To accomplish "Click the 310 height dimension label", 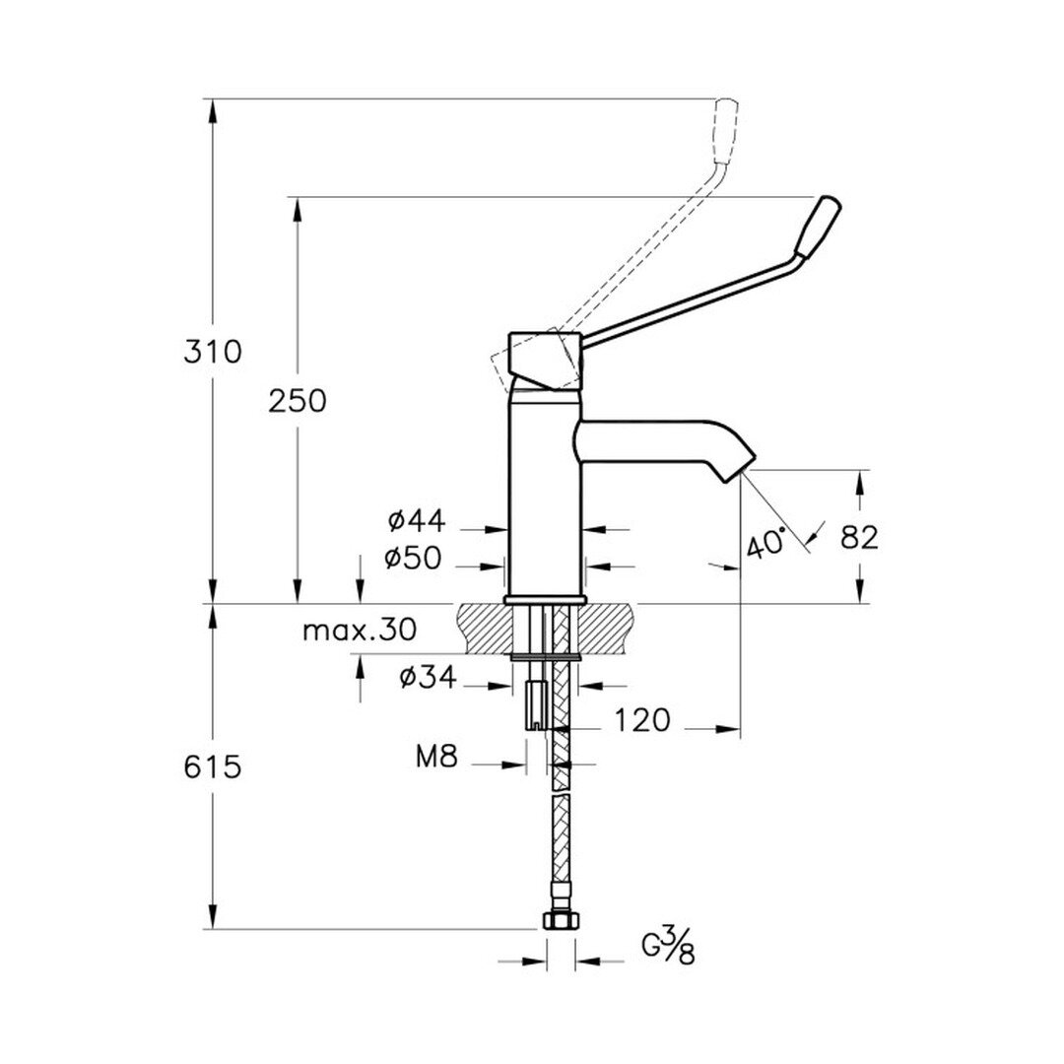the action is tap(213, 352).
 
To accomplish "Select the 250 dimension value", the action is tap(298, 401).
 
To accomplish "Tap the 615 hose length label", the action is tap(213, 766).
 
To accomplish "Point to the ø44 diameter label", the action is tap(417, 521).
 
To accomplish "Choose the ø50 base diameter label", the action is tap(413, 559).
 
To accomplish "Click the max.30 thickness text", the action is tap(359, 631).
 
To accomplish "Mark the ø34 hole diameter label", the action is tap(428, 677).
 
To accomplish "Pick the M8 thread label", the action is tap(437, 756).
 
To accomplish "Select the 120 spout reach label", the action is tap(642, 720).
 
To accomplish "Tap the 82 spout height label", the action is tap(859, 538).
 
